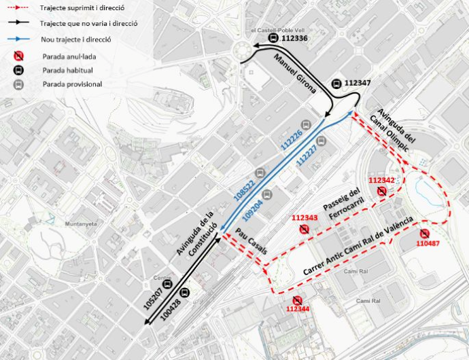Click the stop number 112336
[x=294, y=39]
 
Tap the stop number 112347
[x=358, y=83]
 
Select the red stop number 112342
[x=381, y=180]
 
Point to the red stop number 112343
[x=305, y=217]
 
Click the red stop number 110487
[x=428, y=242]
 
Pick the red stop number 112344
[x=297, y=308]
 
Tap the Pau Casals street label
[x=252, y=242]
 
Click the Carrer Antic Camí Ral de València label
[x=358, y=246]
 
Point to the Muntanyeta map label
[x=79, y=224]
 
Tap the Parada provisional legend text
[x=72, y=84]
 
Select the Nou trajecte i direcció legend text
[x=75, y=39]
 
